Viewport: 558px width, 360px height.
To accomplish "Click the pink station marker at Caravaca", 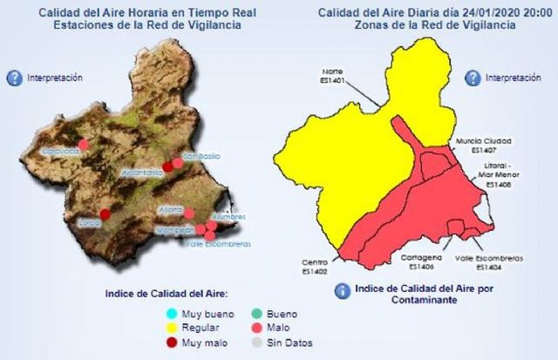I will (84, 145).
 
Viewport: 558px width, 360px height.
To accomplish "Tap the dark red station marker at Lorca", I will (105, 214).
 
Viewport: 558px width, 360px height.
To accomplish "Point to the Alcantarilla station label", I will (142, 173).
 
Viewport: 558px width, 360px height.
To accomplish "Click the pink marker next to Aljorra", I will (188, 213).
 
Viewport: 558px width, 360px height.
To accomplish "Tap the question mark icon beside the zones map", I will (472, 78).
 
